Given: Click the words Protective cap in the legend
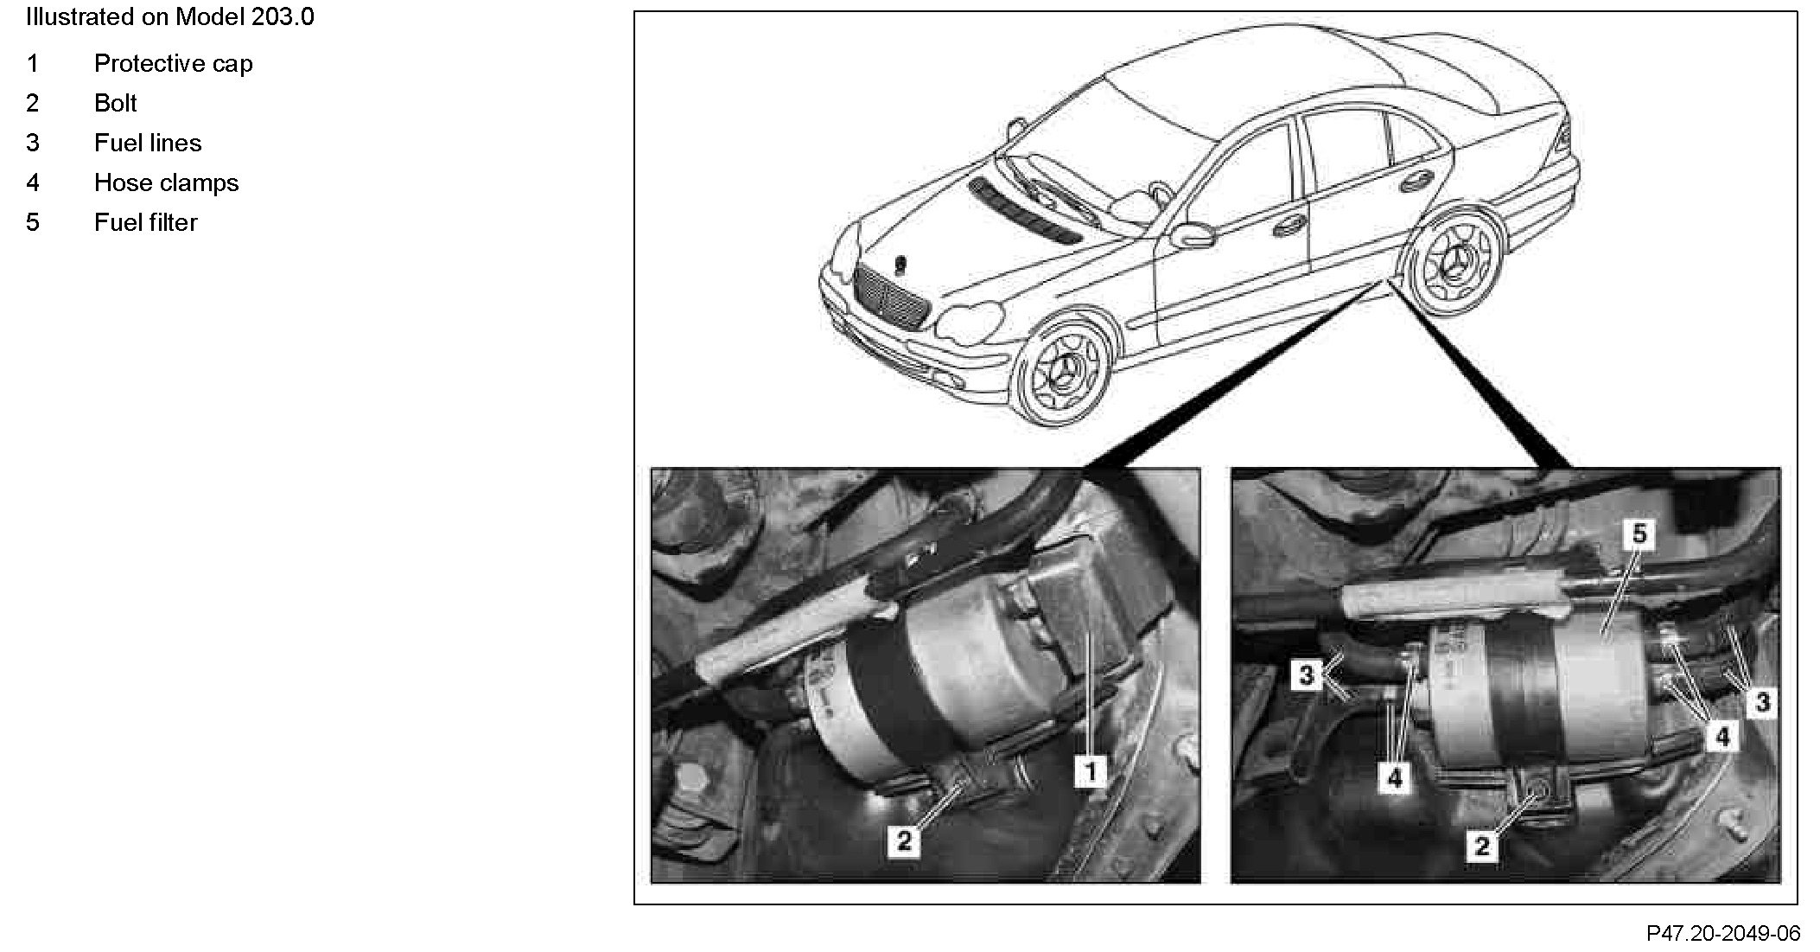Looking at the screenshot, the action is point(173,64).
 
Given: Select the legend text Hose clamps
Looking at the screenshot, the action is point(166,183).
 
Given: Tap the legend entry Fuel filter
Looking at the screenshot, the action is point(145,223).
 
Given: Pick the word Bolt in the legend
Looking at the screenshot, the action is point(115,104).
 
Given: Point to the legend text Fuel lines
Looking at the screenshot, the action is point(148,144).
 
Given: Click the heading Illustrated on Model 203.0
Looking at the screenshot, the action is point(170,17).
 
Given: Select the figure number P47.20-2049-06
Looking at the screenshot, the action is point(1723,934).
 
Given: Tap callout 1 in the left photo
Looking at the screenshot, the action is point(1091,770).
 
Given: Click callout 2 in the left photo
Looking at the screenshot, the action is point(904,840).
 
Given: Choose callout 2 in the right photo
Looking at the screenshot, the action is point(1481,846).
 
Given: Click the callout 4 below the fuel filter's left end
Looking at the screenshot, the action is point(1395,778).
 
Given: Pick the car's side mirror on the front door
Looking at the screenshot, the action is point(1192,234).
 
